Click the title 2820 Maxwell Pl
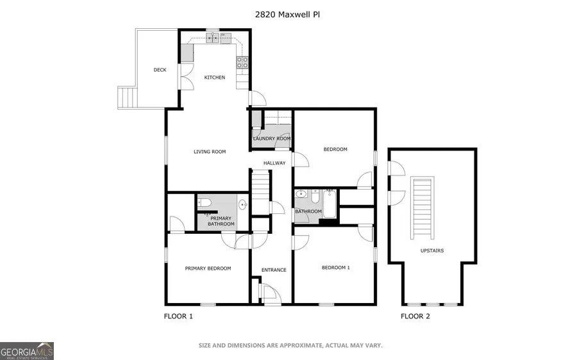[x=288, y=13]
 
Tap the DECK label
[x=160, y=70]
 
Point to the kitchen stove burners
[x=242, y=62]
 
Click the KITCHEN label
[x=215, y=78]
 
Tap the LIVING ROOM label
[x=210, y=152]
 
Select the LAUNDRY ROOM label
[x=272, y=138]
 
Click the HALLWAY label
[x=274, y=163]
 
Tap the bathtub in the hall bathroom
[x=330, y=203]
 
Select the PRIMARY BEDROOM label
[x=208, y=268]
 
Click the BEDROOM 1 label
[x=335, y=268]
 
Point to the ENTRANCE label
[x=274, y=270]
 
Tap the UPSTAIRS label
[x=432, y=250]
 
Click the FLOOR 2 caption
[x=415, y=316]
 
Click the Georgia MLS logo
[x=27, y=350]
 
